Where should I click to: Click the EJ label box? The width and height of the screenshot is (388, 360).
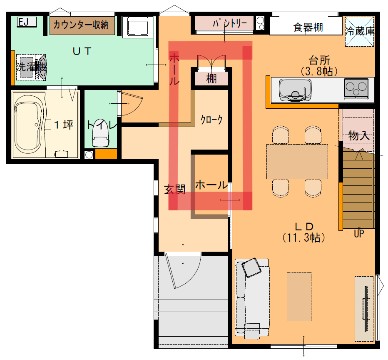(x=27, y=22)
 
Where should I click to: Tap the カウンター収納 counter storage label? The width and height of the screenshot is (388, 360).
(x=81, y=25)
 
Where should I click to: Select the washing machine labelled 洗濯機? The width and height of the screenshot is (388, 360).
(x=31, y=67)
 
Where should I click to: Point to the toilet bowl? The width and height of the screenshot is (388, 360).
(x=100, y=134)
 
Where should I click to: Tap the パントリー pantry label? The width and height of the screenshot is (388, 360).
(x=230, y=23)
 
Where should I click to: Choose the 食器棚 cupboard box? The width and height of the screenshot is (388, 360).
(x=306, y=26)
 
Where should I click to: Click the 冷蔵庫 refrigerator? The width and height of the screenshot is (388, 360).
(x=360, y=31)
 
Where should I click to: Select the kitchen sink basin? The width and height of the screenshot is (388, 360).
(x=295, y=90)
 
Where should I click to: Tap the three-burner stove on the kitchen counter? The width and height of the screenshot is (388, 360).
(x=356, y=89)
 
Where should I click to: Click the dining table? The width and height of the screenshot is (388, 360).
(x=297, y=161)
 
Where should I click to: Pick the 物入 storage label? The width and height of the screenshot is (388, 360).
(x=359, y=136)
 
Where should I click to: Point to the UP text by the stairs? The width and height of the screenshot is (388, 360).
(x=359, y=233)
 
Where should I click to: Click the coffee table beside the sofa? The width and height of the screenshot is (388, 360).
(x=299, y=297)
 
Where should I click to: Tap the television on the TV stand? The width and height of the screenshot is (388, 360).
(x=366, y=308)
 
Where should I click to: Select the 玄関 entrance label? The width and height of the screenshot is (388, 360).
(x=175, y=190)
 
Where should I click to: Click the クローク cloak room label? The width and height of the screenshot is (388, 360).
(x=211, y=120)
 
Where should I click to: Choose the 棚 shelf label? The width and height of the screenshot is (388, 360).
(x=211, y=79)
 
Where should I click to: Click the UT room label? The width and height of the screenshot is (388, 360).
(x=82, y=51)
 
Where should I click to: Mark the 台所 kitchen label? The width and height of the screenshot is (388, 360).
(x=319, y=60)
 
